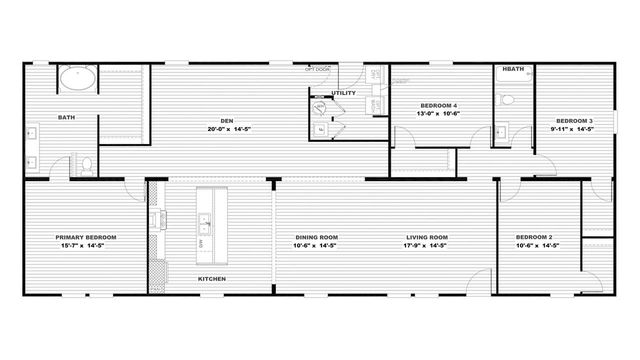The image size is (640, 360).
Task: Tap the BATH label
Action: (66, 117)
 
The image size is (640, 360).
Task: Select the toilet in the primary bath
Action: (87, 163)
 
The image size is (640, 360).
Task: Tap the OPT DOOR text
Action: (318, 69)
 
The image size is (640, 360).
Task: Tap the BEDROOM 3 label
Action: (574, 121)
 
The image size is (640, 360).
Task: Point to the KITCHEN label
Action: (211, 278)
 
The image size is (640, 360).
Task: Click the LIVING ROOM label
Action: (425, 237)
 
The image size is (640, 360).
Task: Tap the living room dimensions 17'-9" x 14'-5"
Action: (425, 245)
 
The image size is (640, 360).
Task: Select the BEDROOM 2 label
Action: (535, 237)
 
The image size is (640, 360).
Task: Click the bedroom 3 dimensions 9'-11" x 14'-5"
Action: (574, 129)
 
